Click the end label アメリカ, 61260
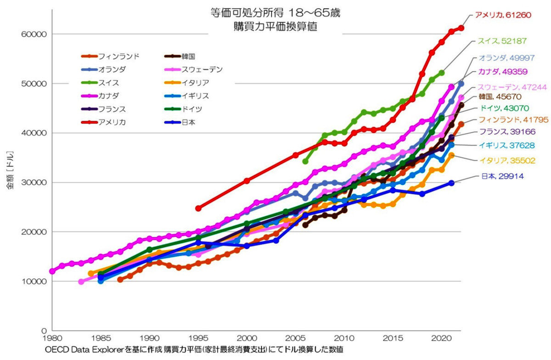click(x=502, y=15)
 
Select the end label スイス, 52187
click(x=502, y=41)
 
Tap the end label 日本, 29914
click(x=502, y=176)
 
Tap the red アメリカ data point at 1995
click(x=198, y=208)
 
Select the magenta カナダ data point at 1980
click(x=52, y=271)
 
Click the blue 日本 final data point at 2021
click(x=451, y=183)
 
